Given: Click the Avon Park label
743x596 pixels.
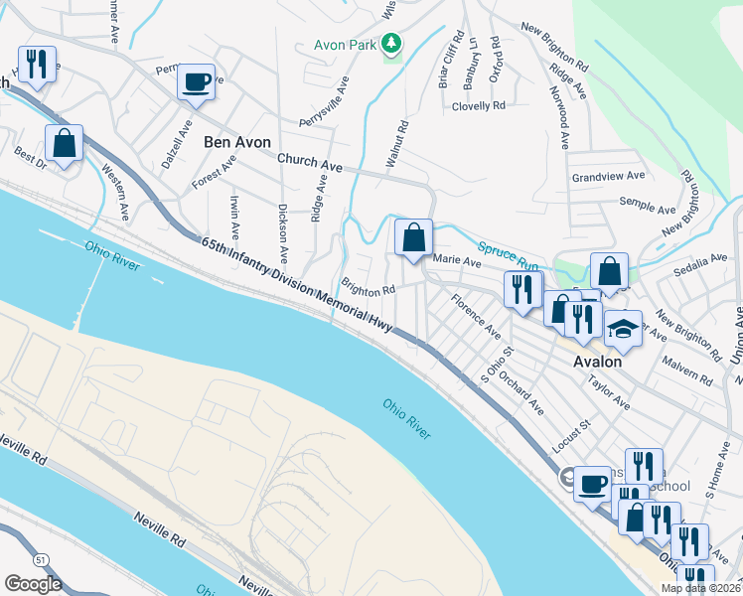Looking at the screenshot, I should point(346,45).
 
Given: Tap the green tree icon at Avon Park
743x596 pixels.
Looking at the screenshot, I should point(392,44).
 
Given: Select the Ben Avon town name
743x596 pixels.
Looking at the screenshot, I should point(237,142).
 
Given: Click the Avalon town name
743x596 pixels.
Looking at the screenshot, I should point(598,362).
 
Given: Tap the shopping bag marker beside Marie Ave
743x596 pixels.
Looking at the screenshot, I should point(413,238).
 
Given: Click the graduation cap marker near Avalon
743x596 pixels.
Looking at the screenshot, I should point(622,329).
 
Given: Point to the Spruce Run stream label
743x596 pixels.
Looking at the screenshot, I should point(508,255).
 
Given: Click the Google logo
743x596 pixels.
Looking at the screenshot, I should point(33,583).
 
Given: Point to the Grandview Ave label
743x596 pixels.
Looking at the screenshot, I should point(608,177).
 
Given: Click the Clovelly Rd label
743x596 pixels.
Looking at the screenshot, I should point(478,105).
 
